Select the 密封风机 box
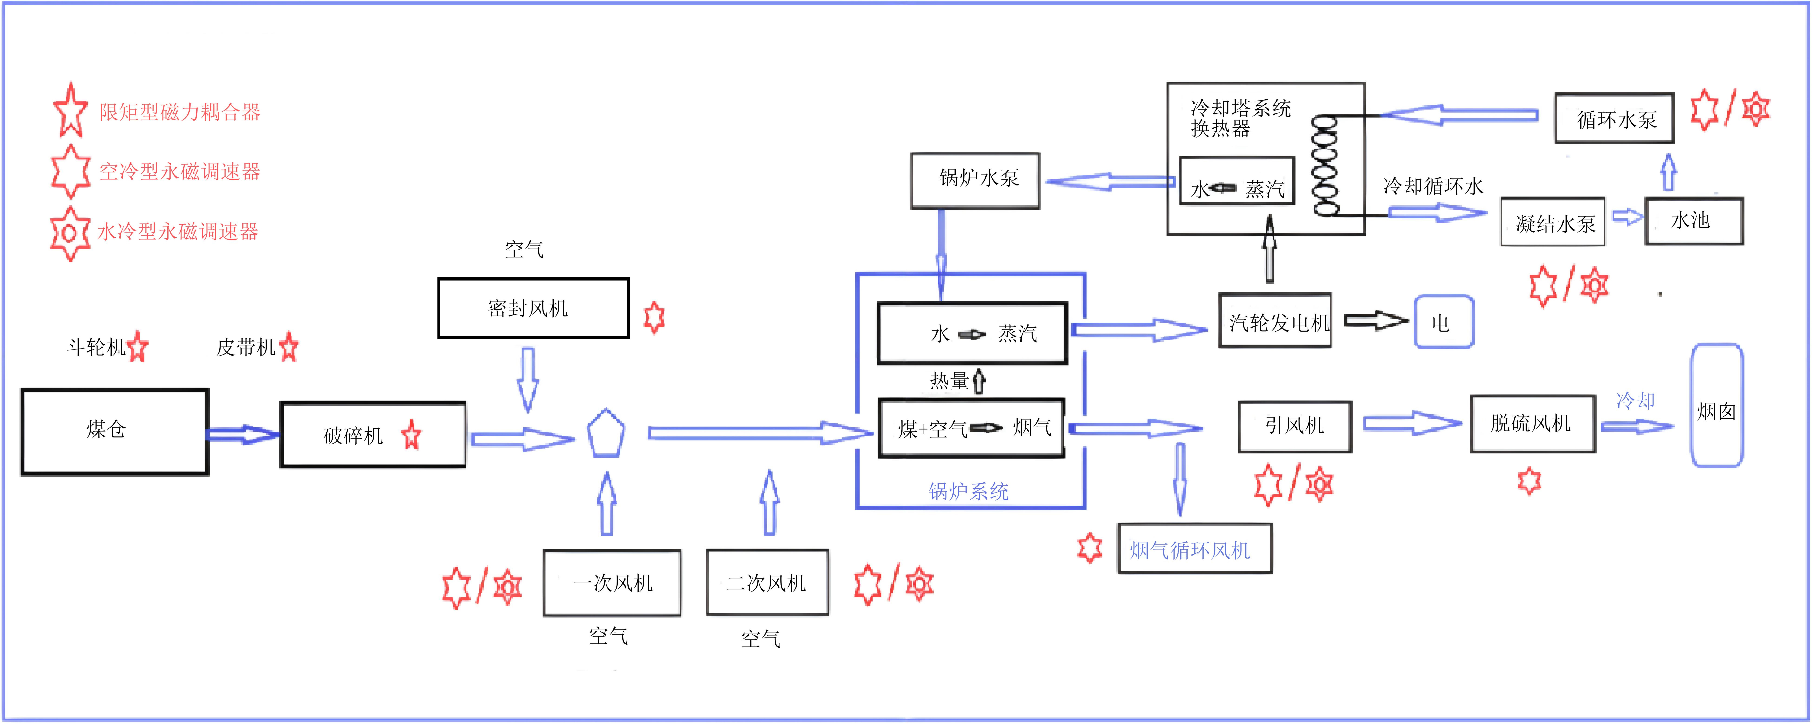pyautogui.click(x=533, y=308)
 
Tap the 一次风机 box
pyautogui.click(x=612, y=583)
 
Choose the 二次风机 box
pyautogui.click(x=767, y=583)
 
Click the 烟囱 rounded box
pyautogui.click(x=1717, y=406)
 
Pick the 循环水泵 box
pyautogui.click(x=1614, y=118)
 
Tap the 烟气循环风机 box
pyautogui.click(x=1195, y=548)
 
